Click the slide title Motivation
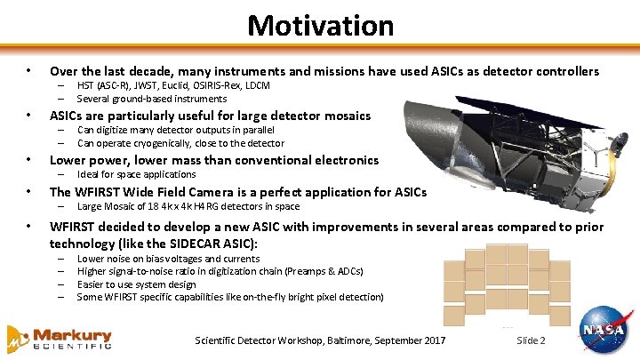[320, 25]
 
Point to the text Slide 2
[531, 341]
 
